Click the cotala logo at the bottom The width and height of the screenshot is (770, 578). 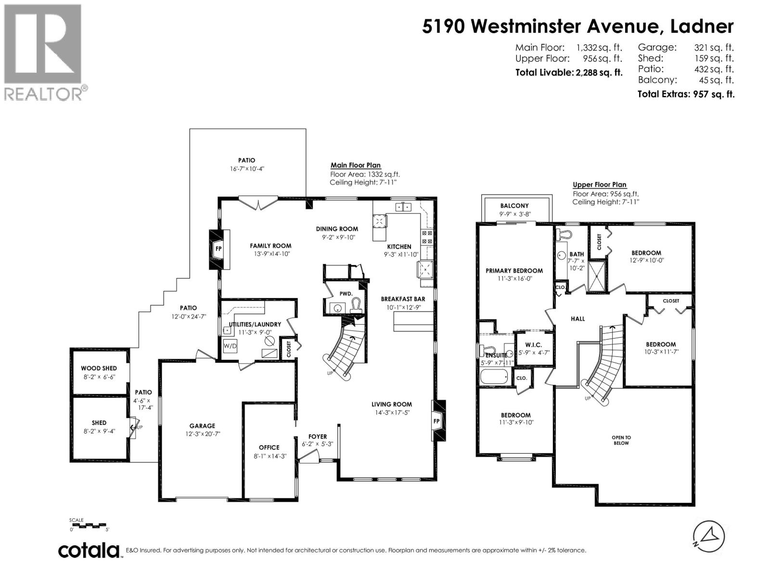(x=89, y=551)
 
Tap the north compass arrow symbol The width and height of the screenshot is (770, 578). (x=708, y=537)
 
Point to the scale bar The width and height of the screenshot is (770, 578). (x=89, y=525)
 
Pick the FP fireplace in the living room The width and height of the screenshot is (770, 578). (x=437, y=420)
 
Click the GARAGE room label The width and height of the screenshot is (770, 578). (x=202, y=426)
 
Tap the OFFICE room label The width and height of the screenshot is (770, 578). (x=269, y=447)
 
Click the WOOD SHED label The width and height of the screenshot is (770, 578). (x=99, y=368)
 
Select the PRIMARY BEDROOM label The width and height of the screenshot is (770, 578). (x=514, y=271)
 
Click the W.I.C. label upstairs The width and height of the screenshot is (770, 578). (x=533, y=345)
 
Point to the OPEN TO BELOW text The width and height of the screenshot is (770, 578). (x=621, y=440)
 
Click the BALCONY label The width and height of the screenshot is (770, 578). (x=514, y=206)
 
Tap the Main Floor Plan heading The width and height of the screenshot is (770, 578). (x=355, y=165)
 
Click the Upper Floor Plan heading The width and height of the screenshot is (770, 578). (x=599, y=184)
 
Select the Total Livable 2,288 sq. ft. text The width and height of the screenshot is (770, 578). (x=568, y=73)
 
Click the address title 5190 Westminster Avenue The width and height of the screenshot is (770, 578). (x=577, y=26)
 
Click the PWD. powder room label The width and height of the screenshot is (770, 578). (x=346, y=293)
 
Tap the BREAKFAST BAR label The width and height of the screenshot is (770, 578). (x=403, y=299)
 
